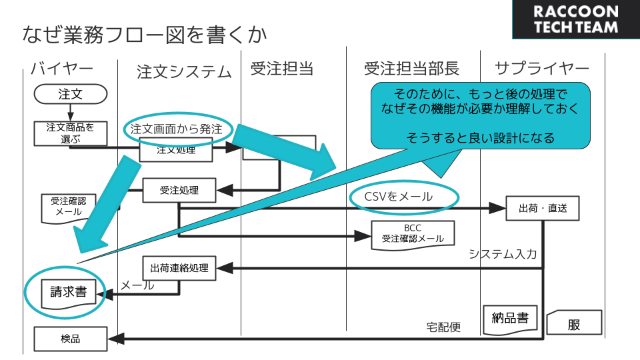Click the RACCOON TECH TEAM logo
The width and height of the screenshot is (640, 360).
[575, 19]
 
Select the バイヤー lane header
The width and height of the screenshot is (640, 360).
[61, 69]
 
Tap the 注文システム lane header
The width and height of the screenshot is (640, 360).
[184, 71]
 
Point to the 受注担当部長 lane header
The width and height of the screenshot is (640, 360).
[411, 69]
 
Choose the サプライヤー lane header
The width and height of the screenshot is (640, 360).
[542, 69]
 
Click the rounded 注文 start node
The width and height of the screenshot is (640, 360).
[70, 94]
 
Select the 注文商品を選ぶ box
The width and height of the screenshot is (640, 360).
[70, 133]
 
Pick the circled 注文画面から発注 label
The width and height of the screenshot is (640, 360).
[176, 128]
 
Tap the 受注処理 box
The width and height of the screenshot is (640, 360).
[179, 191]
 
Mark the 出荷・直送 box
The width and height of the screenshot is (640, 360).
[542, 208]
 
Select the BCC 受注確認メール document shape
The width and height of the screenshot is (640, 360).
[413, 234]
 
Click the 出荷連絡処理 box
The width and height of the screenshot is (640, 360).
[179, 269]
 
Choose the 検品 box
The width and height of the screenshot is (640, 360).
[70, 339]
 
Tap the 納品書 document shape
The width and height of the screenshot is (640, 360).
[509, 317]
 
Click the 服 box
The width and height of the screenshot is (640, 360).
[574, 325]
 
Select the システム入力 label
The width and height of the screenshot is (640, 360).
[503, 254]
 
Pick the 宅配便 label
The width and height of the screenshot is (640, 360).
[443, 327]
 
